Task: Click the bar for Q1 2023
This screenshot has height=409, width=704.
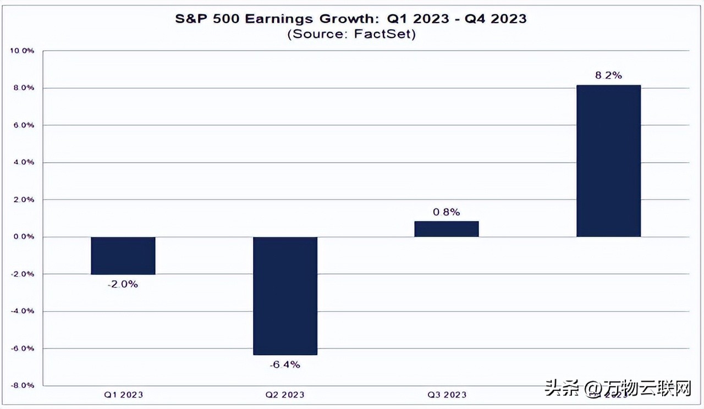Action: tap(123, 256)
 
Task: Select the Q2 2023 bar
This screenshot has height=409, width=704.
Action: tap(285, 296)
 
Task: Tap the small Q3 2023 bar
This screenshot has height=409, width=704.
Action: tap(447, 229)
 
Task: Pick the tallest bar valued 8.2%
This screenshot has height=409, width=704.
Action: tap(608, 161)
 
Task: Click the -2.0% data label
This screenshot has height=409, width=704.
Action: tap(123, 284)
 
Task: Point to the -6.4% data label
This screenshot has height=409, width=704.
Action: tap(285, 364)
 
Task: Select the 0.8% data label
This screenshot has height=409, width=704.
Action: tap(447, 212)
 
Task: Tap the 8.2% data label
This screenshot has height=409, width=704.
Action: tap(608, 76)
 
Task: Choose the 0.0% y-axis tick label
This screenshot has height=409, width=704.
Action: tap(24, 237)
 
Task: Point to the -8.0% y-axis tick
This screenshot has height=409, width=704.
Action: tap(23, 385)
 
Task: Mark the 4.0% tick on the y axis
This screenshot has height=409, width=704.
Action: tap(24, 163)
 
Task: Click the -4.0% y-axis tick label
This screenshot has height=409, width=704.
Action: tap(23, 311)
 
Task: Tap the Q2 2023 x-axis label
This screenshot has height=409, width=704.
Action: tap(285, 394)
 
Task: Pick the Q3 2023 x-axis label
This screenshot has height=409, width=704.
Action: tap(447, 394)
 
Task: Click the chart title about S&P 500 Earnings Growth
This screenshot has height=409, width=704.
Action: tap(351, 19)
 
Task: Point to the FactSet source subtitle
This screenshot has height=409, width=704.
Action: tap(351, 34)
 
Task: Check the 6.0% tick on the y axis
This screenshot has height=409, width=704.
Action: tap(24, 125)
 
